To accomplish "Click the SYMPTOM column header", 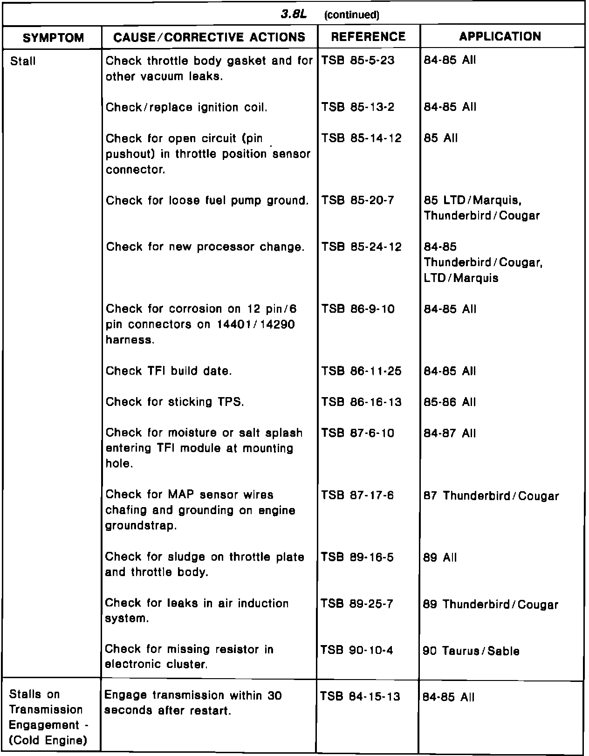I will [x=53, y=37].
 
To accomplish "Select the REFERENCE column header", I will [x=368, y=37].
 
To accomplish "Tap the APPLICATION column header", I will [x=500, y=36].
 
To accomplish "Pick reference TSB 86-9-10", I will [x=357, y=309].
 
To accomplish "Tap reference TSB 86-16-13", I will [x=361, y=402].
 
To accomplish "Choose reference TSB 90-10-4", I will [x=356, y=650].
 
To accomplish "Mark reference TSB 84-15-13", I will [x=360, y=696].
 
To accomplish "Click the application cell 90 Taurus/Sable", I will [x=471, y=651].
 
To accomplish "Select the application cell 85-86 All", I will [x=450, y=402].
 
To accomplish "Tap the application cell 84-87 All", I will [x=450, y=433].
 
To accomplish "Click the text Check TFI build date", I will [x=169, y=371].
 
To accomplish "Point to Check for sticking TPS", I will [x=175, y=402].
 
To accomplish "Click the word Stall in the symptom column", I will [x=22, y=61].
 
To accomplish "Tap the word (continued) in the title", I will [x=352, y=15].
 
